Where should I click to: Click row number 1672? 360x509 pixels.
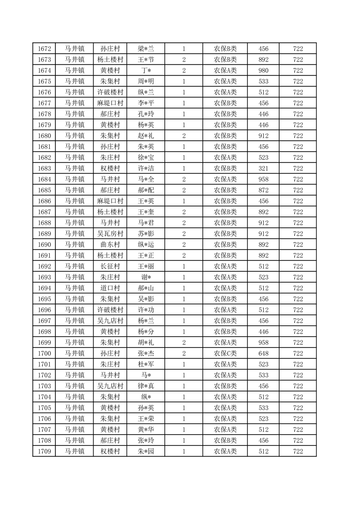pos(44,49)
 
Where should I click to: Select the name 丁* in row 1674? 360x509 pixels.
pos(146,70)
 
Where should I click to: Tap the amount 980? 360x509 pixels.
pos(263,70)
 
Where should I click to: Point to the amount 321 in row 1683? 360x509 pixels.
pos(263,168)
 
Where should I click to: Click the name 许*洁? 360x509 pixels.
pos(146,168)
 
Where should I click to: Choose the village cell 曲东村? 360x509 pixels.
pos(110,245)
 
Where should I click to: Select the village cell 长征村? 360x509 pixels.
pos(110,266)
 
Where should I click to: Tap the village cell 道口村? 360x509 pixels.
pos(110,288)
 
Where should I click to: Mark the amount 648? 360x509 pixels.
pos(263,353)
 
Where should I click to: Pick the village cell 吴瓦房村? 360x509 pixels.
pos(110,234)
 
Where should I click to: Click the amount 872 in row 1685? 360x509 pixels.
pos(263,190)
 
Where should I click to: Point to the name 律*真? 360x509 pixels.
pos(146,386)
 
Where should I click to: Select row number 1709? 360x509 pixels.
pos(44,451)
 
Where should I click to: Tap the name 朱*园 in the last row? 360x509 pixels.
pos(146,451)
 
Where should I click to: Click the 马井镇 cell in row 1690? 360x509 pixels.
pos(74,245)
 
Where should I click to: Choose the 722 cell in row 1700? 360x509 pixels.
pos(298,353)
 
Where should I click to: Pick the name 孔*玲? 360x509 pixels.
pos(146,114)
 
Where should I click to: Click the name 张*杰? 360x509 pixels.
pos(146,353)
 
